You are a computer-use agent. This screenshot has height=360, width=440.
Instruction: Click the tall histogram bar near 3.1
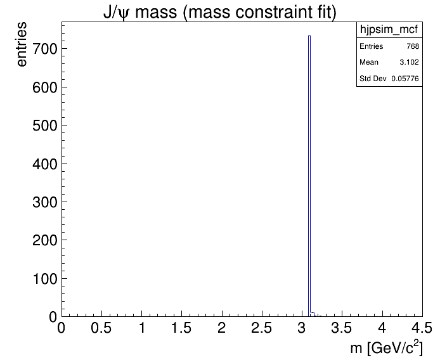[x=309, y=177]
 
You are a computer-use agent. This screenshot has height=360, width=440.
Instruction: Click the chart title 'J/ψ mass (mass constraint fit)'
[x=219, y=12]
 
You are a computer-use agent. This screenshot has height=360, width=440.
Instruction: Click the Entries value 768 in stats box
[x=412, y=46]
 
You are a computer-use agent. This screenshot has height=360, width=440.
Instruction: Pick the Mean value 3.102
[x=409, y=62]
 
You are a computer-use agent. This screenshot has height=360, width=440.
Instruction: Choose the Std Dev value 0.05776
[x=405, y=78]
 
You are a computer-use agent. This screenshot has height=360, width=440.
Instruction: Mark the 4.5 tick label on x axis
[x=422, y=328]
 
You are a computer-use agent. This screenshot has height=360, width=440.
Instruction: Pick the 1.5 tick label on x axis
[x=181, y=328]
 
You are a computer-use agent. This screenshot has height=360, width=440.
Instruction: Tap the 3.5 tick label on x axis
[x=342, y=328]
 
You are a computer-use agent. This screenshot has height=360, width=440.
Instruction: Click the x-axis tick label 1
[x=141, y=328]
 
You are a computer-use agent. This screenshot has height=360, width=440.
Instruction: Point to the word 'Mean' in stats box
[x=369, y=62]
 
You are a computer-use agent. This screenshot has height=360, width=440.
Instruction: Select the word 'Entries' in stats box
[x=372, y=46]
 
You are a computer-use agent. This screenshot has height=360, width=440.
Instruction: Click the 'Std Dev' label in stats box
[x=373, y=78]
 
